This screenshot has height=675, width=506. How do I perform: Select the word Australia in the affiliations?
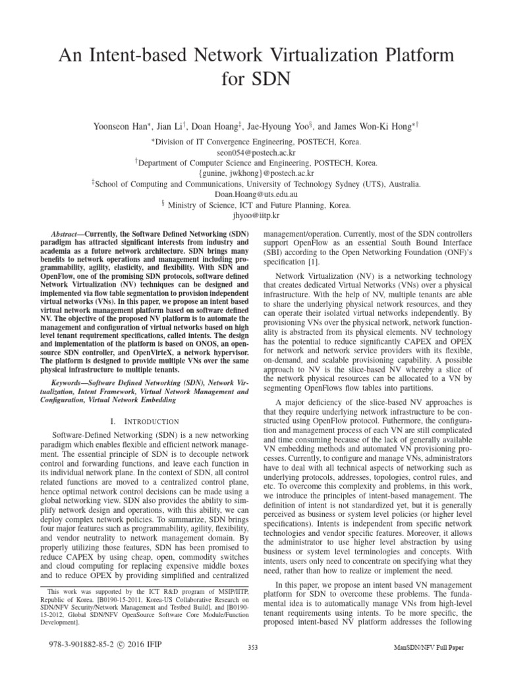point(403,185)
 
